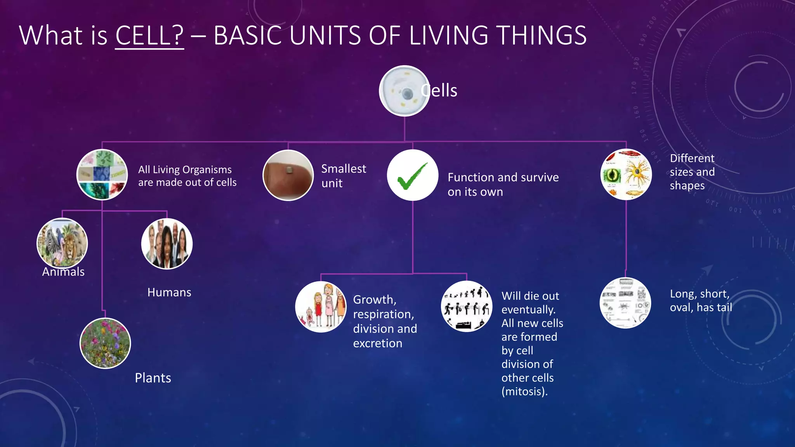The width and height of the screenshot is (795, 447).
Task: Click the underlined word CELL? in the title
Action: pos(149,35)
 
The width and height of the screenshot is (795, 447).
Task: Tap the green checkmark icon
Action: pos(412,175)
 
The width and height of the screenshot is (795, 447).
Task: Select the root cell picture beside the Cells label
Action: pos(404,91)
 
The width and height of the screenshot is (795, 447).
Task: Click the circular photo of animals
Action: pos(62,243)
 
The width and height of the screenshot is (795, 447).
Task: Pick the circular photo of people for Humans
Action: pos(167,244)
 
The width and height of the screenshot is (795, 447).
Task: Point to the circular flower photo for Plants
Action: pos(105,343)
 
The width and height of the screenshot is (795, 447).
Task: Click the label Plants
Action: pos(153,378)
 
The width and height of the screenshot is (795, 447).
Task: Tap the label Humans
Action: pos(169,292)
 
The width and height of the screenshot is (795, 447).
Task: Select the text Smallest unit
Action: pos(343,176)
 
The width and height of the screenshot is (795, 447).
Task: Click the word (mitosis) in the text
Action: pos(524,391)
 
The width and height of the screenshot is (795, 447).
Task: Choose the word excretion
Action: pos(377,343)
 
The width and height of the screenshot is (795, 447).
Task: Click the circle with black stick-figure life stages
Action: pos(467,307)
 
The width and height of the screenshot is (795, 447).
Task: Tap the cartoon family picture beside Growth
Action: pos(321,307)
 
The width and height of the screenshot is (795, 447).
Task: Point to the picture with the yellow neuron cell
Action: pos(626,175)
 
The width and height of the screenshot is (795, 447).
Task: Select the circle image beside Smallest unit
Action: pos(288,175)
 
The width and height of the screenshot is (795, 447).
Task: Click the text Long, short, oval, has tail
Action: pos(701,301)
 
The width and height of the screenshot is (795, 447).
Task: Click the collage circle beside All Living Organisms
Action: pos(102,175)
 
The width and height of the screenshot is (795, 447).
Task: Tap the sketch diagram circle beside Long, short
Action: pos(625,303)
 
